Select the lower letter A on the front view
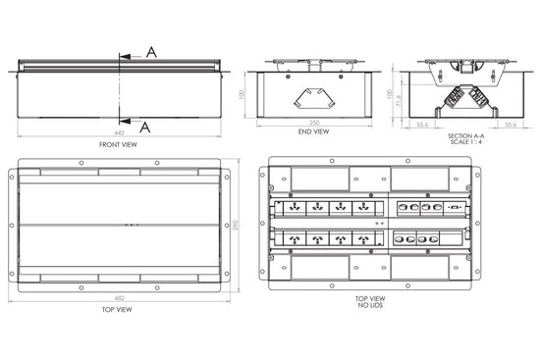[x=144, y=127]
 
